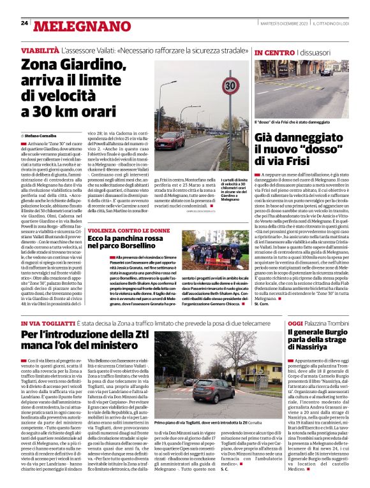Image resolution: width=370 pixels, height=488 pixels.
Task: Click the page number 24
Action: tap(24, 23)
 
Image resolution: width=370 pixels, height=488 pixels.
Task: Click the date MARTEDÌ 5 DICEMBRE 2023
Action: tap(279, 23)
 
